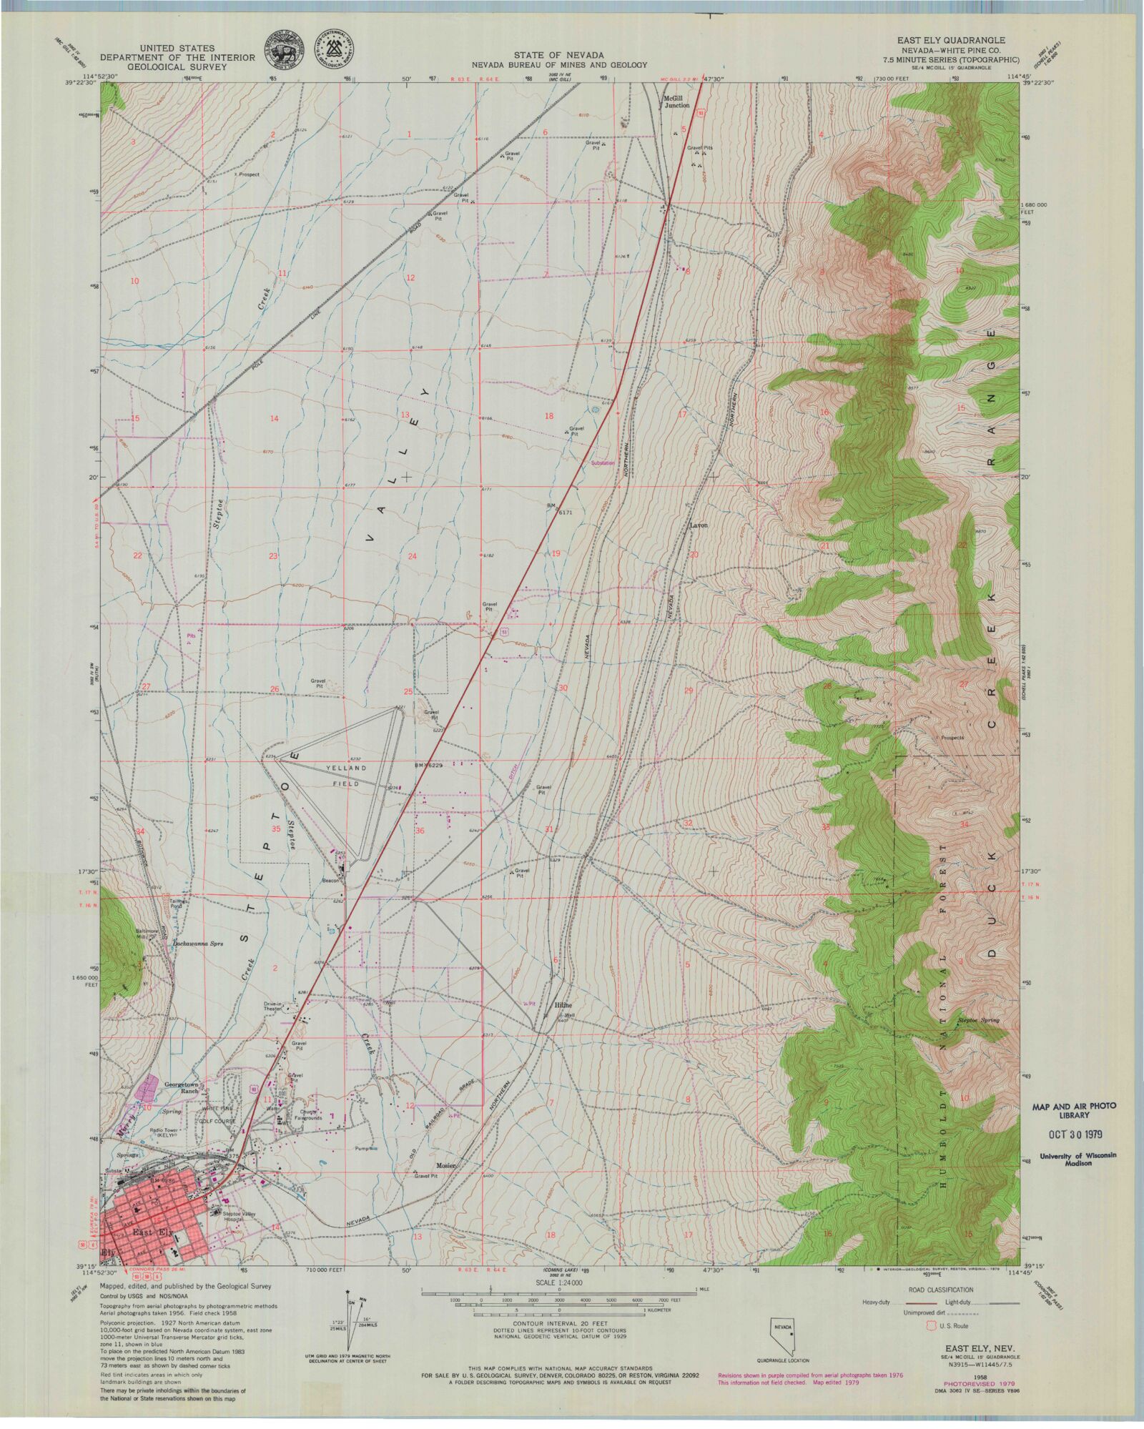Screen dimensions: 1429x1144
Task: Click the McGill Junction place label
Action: click(676, 101)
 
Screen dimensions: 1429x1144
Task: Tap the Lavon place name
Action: click(698, 525)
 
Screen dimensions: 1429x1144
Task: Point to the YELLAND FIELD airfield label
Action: click(346, 774)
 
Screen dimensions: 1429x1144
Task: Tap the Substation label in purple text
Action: click(602, 463)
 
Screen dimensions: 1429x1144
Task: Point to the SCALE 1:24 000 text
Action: click(558, 1284)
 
